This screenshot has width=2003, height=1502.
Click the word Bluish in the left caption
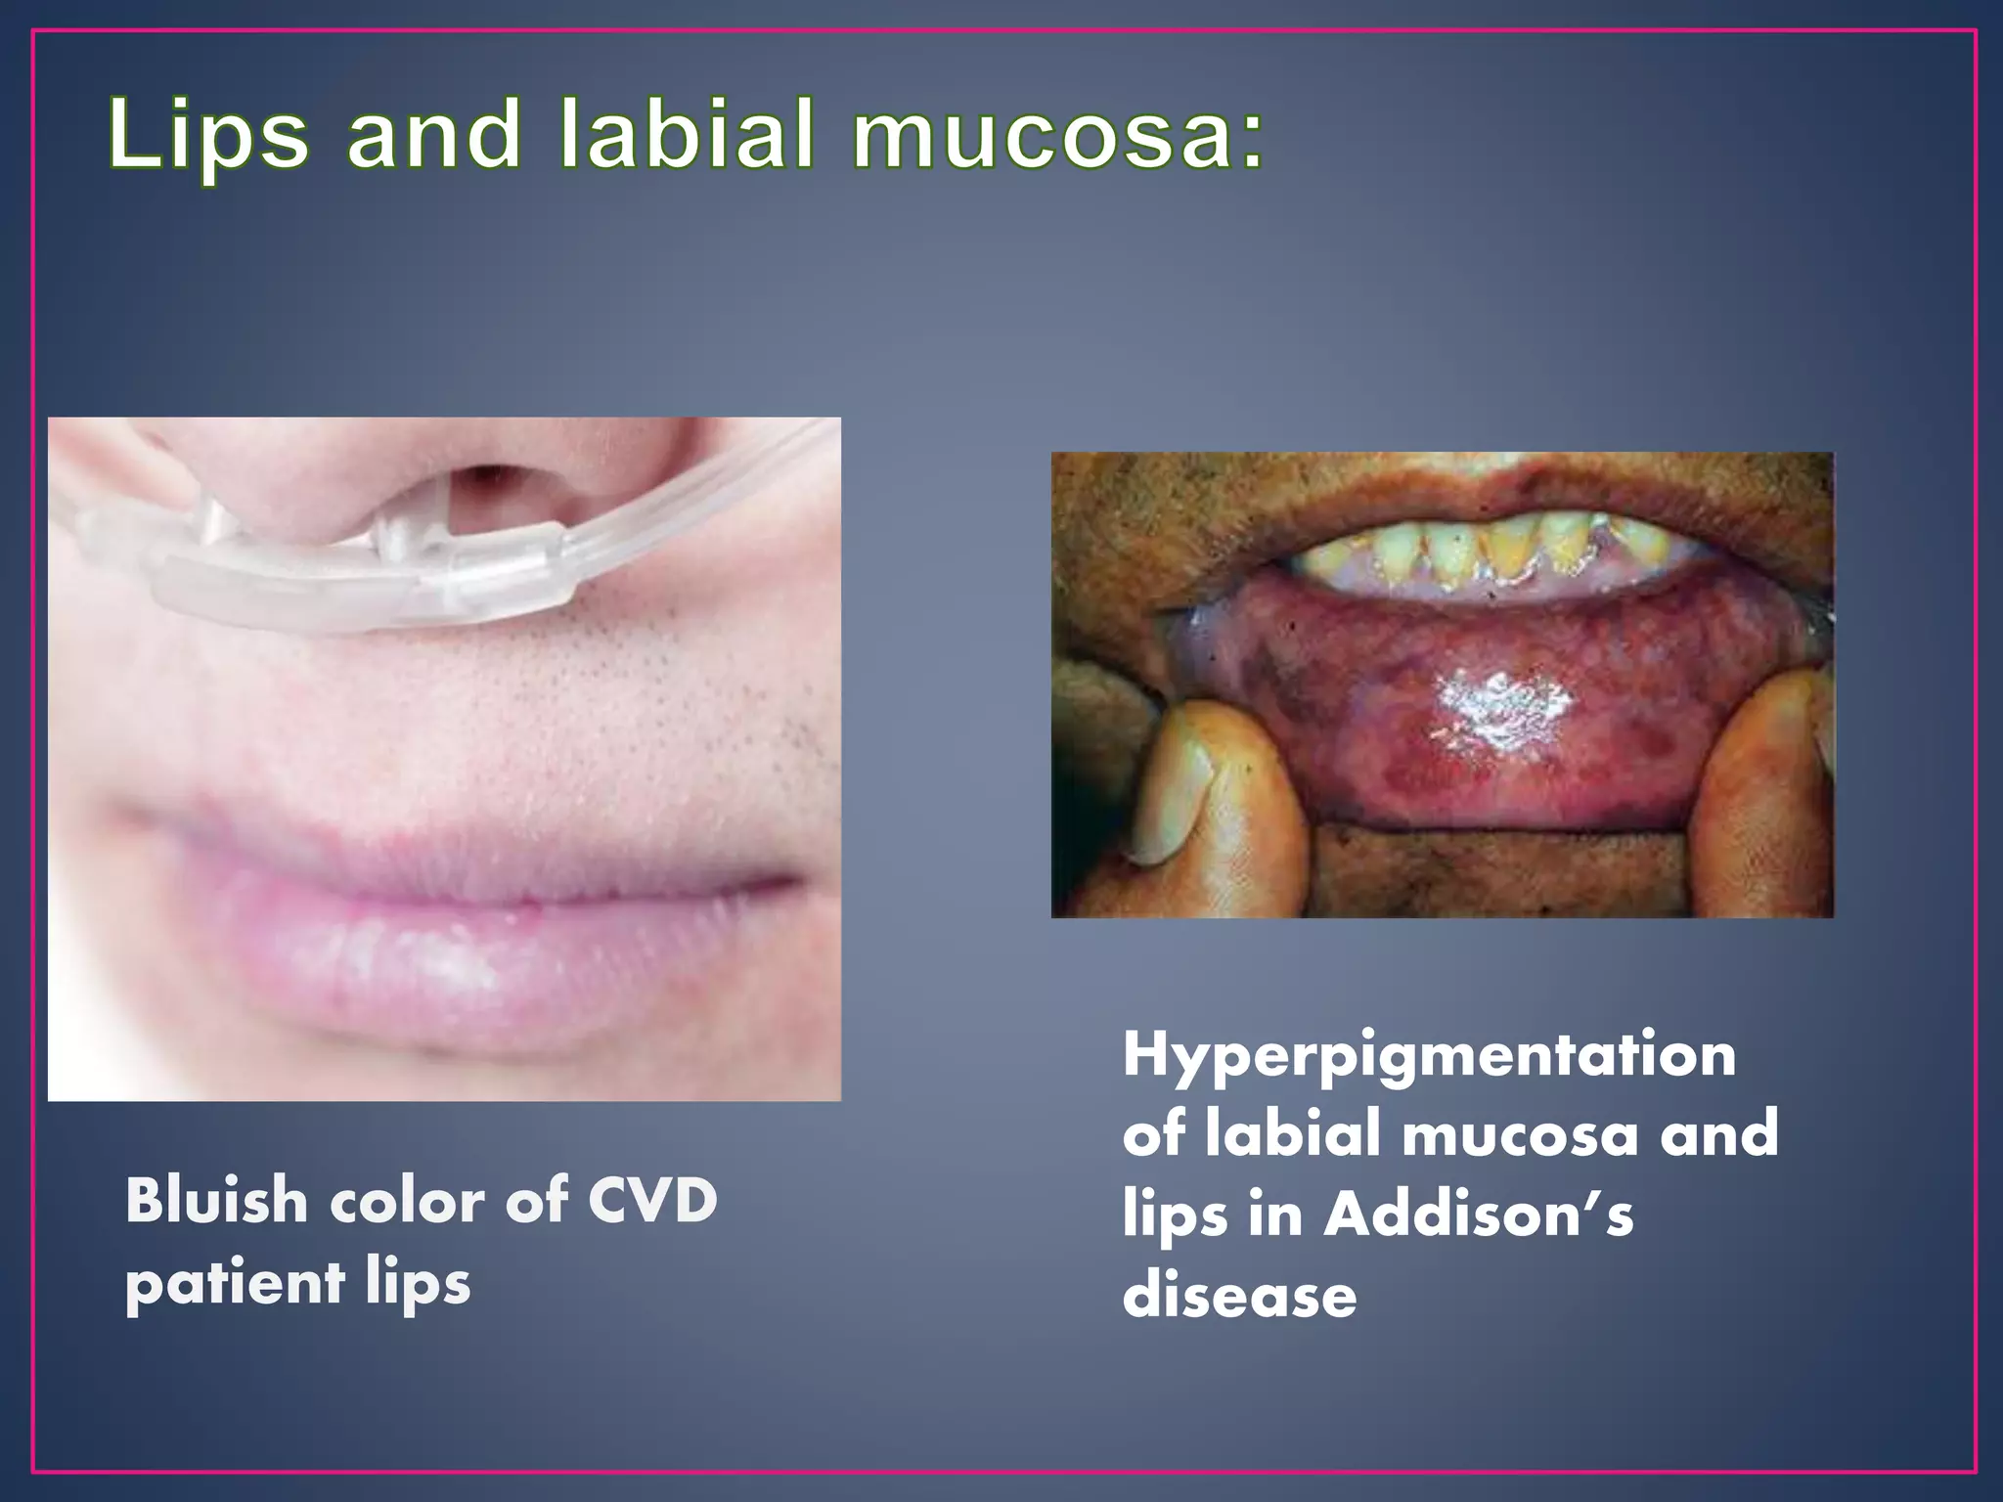pyautogui.click(x=215, y=1200)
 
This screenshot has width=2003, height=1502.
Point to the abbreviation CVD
pyautogui.click(x=652, y=1200)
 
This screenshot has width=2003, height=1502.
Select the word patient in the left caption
pyautogui.click(x=235, y=1284)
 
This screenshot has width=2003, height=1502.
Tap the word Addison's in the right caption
pyautogui.click(x=1478, y=1215)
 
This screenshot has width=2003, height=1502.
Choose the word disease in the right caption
pyautogui.click(x=1239, y=1296)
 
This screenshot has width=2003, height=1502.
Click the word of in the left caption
pyautogui.click(x=537, y=1200)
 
